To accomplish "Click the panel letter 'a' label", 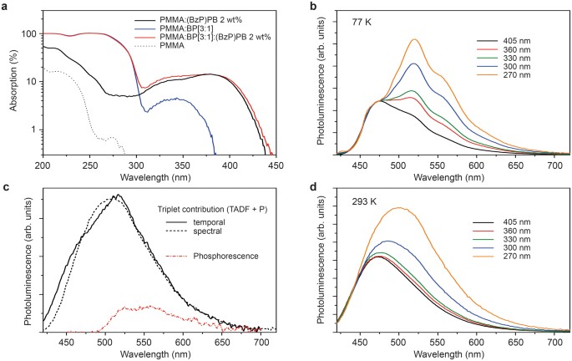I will click(x=6, y=6).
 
